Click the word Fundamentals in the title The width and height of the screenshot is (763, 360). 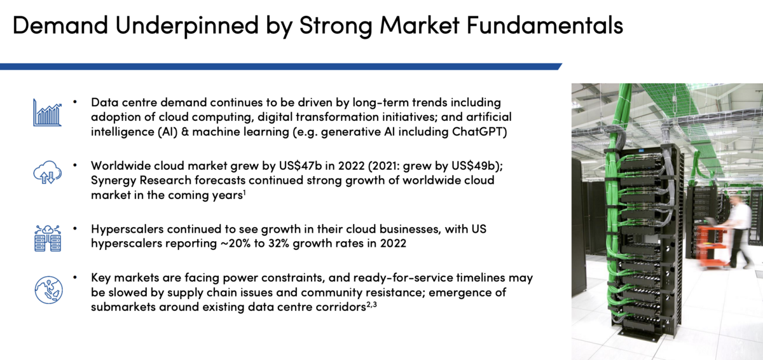(x=545, y=25)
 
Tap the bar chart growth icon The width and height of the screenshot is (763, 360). (x=47, y=113)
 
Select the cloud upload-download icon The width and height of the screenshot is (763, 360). (x=47, y=172)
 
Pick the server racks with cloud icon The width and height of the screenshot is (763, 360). (x=48, y=238)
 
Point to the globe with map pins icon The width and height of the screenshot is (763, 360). (x=48, y=290)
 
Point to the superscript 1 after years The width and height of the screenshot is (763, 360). (x=245, y=193)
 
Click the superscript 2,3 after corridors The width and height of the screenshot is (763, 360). (x=371, y=305)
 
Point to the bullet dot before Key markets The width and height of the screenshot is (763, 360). (x=75, y=277)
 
